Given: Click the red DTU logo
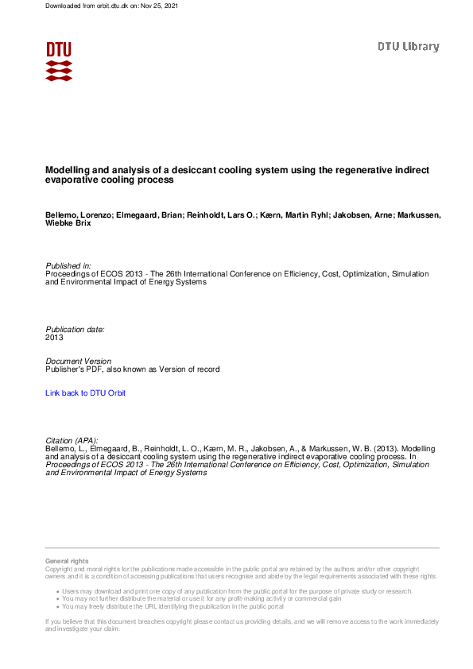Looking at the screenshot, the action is [59, 61].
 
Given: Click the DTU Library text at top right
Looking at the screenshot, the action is [408, 47].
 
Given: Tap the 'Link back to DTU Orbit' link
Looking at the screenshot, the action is [85, 393].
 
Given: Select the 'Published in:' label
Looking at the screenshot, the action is [68, 265].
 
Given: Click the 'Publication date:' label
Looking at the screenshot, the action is [75, 329].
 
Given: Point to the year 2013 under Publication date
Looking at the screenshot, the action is [55, 338].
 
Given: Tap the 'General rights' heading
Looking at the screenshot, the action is [68, 562].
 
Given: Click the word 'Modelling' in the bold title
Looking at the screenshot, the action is [66, 170].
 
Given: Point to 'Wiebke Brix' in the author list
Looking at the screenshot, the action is [68, 224].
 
